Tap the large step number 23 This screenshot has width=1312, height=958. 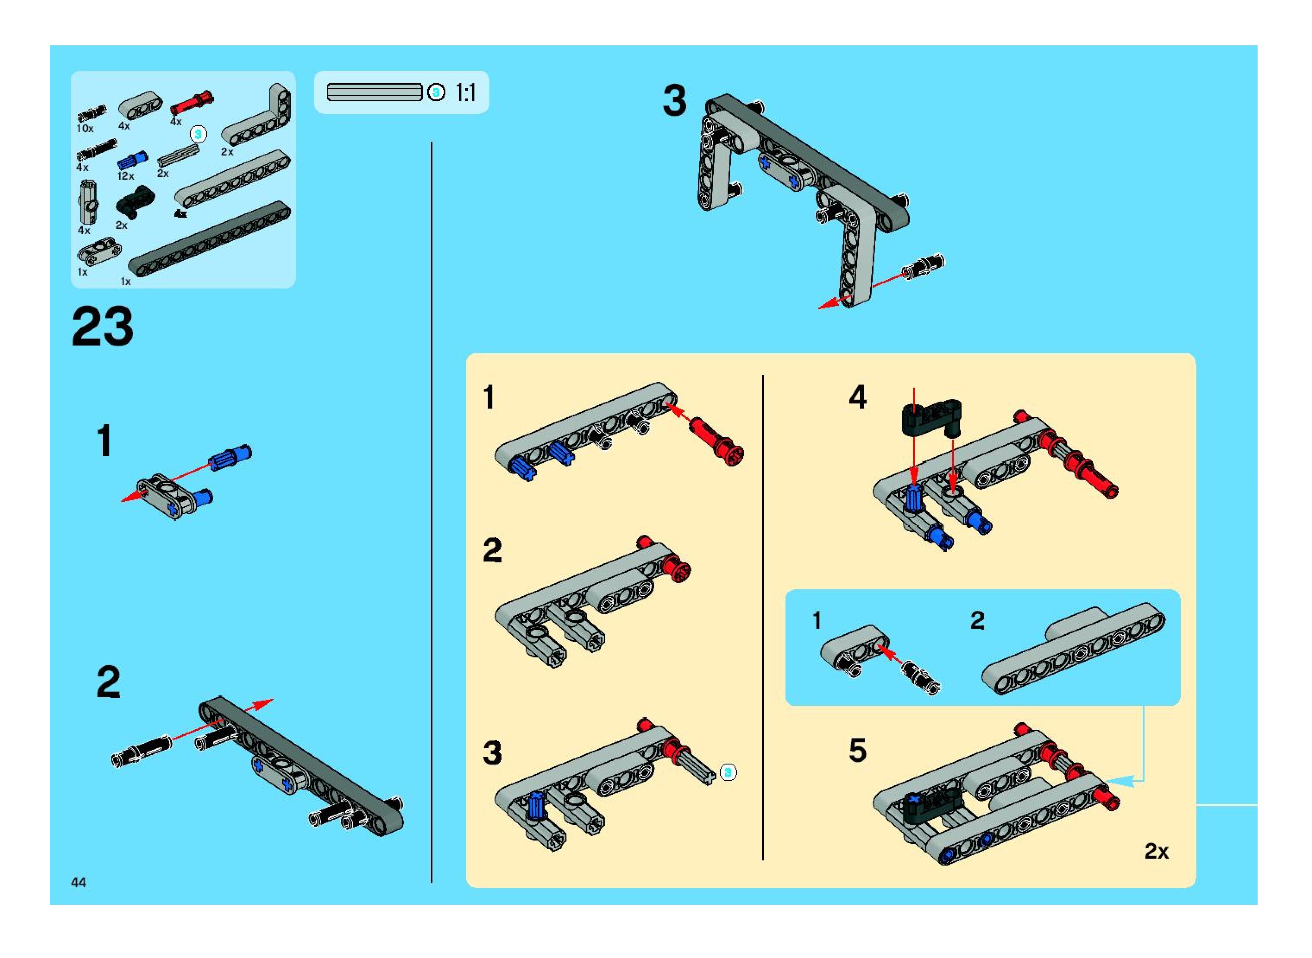click(103, 327)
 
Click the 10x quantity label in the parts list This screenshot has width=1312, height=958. click(85, 128)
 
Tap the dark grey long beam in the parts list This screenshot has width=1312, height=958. click(210, 238)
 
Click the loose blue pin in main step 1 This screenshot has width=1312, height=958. click(230, 457)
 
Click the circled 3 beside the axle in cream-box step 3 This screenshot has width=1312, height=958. click(729, 772)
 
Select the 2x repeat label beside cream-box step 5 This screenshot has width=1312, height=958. click(1157, 851)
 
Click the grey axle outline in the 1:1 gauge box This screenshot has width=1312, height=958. click(374, 92)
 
